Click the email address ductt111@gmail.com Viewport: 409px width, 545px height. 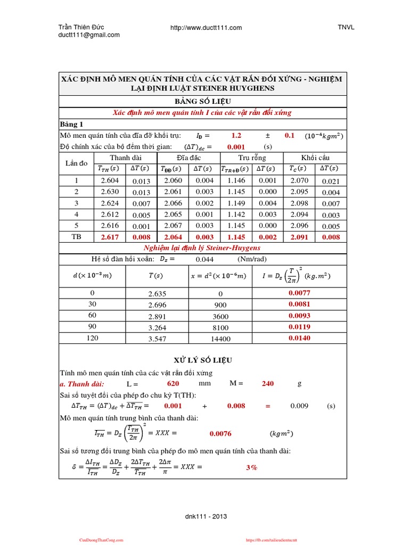[89, 35]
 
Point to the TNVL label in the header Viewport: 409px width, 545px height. [346, 28]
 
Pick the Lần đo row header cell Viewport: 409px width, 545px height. [76, 163]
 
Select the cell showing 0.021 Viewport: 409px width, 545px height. [330, 181]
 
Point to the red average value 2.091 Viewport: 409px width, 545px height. [299, 237]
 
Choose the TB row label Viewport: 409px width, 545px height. [76, 237]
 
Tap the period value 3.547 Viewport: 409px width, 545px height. [157, 338]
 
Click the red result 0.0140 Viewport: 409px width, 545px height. [299, 338]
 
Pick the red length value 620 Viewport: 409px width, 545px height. [173, 383]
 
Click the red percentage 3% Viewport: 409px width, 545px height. [251, 467]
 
